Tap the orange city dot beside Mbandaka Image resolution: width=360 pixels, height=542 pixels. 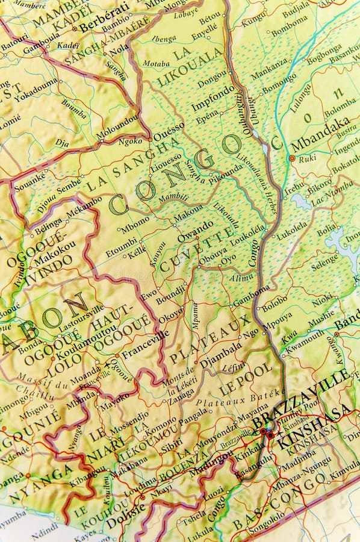click(292, 158)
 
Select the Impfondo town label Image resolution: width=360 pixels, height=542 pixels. click(213, 98)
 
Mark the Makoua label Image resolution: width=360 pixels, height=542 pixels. click(188, 213)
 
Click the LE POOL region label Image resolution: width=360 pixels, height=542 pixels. click(246, 379)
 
